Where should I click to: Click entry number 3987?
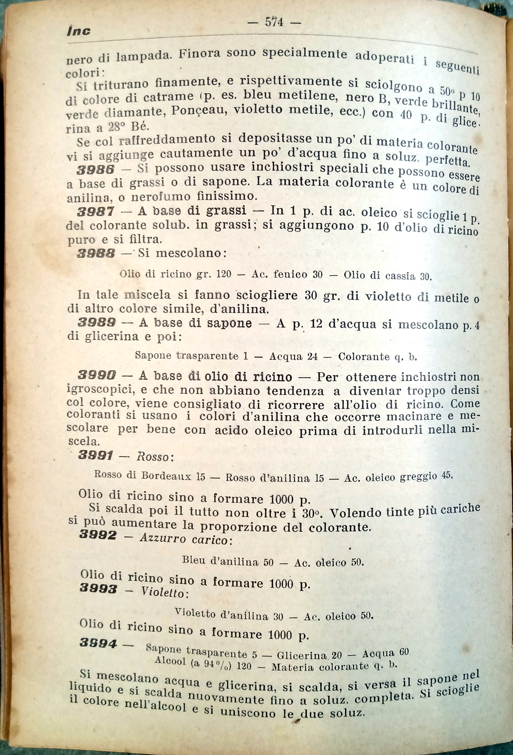tap(96, 212)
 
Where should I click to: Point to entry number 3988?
tap(96, 253)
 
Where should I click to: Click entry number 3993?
tap(98, 588)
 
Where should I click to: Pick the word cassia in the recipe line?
tap(400, 276)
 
